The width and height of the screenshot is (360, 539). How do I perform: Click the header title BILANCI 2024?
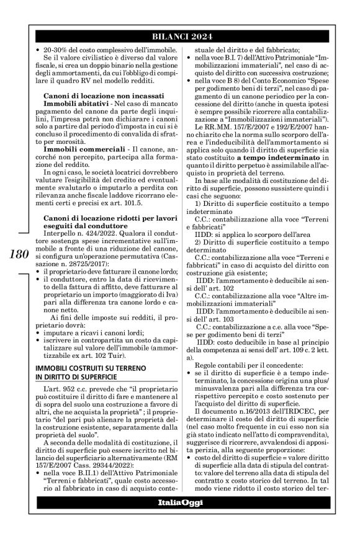179,35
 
